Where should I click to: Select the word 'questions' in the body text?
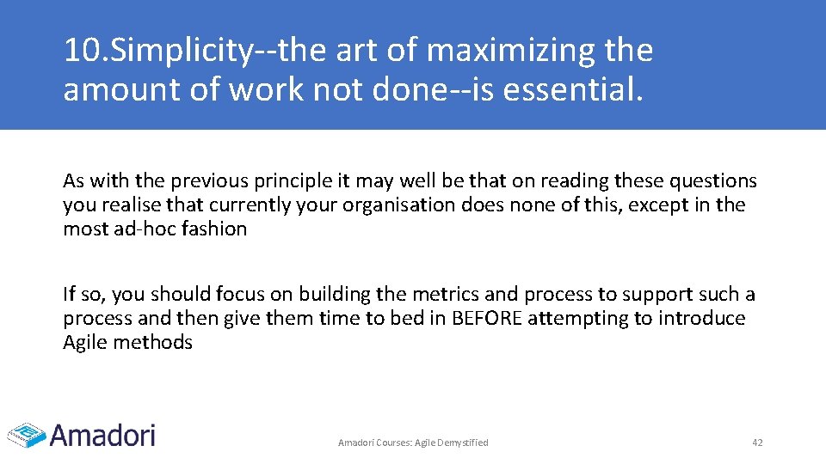tap(712, 180)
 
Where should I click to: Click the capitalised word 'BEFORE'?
tap(487, 318)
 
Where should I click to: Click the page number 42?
tap(757, 443)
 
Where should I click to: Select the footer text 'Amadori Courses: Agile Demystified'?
tap(413, 443)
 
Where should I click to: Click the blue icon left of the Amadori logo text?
tap(26, 434)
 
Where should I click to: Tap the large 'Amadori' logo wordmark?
tap(103, 434)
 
